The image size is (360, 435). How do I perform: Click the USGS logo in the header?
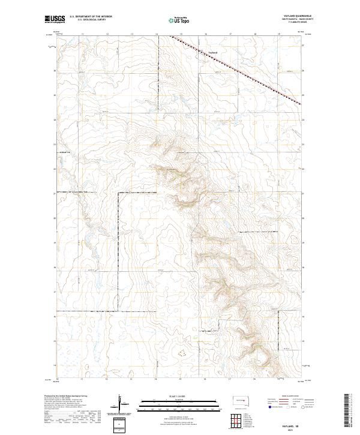click(x=54, y=20)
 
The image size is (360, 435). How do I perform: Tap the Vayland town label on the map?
click(x=212, y=52)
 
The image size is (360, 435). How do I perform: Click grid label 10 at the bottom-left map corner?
click(x=58, y=379)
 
